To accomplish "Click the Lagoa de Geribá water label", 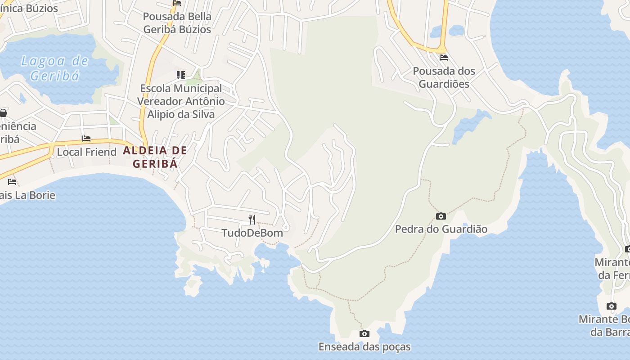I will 54,68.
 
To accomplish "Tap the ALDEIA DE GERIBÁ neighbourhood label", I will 155,157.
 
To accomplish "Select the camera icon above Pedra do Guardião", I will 441,216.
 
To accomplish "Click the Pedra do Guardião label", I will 441,229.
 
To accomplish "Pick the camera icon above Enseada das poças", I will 364,334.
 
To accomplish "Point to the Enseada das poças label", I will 364,347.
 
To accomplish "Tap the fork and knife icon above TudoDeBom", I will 252,220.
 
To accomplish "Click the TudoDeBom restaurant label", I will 252,233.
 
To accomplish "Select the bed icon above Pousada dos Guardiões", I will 444,58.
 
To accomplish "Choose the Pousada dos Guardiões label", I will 444,77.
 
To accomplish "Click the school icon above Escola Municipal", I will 181,75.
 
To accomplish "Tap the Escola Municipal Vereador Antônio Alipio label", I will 181,101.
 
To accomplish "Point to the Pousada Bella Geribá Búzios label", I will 177,23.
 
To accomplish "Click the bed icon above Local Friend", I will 86,139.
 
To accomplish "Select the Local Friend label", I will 86,152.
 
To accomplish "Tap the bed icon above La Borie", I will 12,182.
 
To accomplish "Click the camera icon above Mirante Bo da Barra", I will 611,306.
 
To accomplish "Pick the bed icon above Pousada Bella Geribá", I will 177,3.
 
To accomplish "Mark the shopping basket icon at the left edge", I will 3,112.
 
